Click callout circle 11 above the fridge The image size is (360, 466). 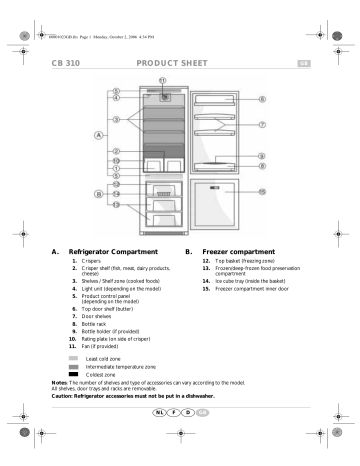[163, 79]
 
